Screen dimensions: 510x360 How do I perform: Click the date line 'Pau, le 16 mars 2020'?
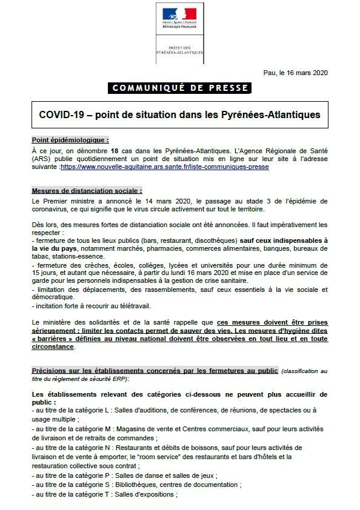pos(295,73)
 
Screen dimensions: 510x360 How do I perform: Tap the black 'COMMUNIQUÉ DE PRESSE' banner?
pos(180,88)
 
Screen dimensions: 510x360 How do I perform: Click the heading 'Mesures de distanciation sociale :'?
pos(87,190)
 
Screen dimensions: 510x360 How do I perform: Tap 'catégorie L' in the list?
pos(85,409)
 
